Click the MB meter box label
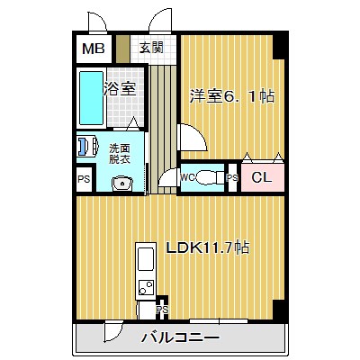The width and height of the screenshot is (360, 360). [x=94, y=49]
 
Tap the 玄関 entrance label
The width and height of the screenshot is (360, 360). [x=152, y=48]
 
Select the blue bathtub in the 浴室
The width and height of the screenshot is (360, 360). [x=91, y=98]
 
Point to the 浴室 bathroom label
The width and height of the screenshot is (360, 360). [x=120, y=88]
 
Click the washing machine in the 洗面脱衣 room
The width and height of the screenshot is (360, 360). [x=88, y=146]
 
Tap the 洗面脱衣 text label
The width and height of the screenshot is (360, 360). [x=119, y=154]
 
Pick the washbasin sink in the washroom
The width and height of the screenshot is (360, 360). [x=122, y=183]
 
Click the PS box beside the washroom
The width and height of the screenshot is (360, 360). [x=84, y=179]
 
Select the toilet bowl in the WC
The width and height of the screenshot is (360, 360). [x=210, y=177]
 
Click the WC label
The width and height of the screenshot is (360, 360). [x=187, y=177]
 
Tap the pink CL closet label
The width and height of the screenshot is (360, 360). [x=262, y=177]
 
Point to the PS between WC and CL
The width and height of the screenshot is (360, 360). [x=232, y=178]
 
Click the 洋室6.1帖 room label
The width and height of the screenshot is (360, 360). [x=232, y=96]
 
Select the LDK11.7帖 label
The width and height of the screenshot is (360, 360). [x=208, y=247]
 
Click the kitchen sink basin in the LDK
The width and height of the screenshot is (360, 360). [x=146, y=259]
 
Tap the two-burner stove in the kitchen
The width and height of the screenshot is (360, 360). [x=146, y=287]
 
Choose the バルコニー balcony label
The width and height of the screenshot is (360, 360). [x=180, y=338]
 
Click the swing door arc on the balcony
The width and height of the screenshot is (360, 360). [x=118, y=334]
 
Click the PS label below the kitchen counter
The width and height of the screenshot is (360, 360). [x=162, y=310]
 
